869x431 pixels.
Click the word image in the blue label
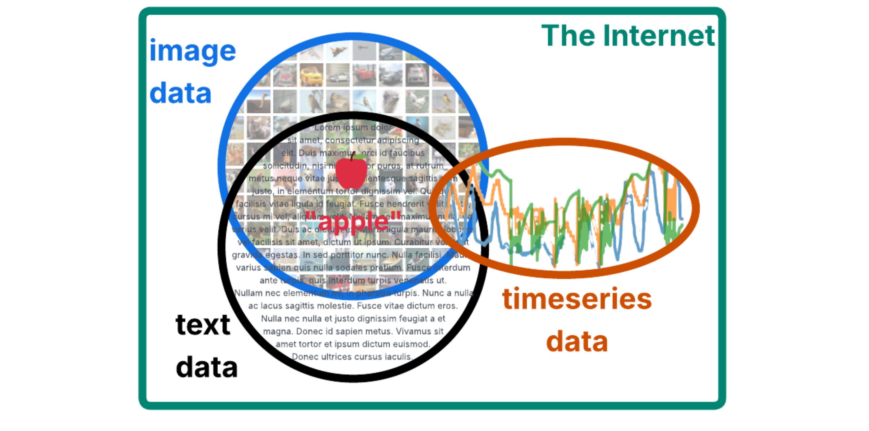192,51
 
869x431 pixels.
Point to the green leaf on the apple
360,156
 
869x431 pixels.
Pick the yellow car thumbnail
311,75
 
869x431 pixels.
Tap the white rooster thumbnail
417,101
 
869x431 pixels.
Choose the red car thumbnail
364,75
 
